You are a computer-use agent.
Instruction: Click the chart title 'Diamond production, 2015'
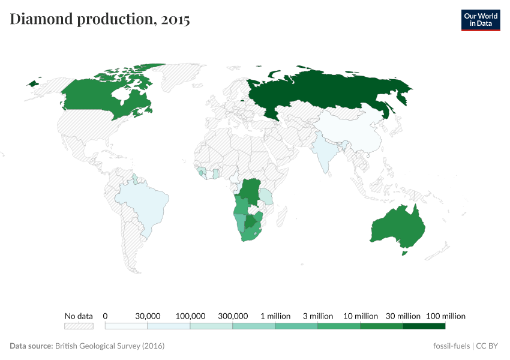click(x=100, y=19)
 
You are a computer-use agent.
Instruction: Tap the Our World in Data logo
click(x=480, y=20)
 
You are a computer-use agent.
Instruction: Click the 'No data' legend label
click(x=79, y=316)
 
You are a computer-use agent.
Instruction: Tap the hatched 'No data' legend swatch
click(x=79, y=326)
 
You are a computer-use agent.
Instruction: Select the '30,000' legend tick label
click(x=148, y=316)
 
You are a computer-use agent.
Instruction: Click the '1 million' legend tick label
click(x=275, y=316)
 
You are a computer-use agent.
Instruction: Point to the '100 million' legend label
click(x=445, y=316)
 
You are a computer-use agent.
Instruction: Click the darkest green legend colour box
click(x=424, y=326)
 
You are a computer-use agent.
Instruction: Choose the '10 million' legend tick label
click(x=361, y=316)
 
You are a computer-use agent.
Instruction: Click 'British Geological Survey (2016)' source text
click(x=110, y=346)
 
